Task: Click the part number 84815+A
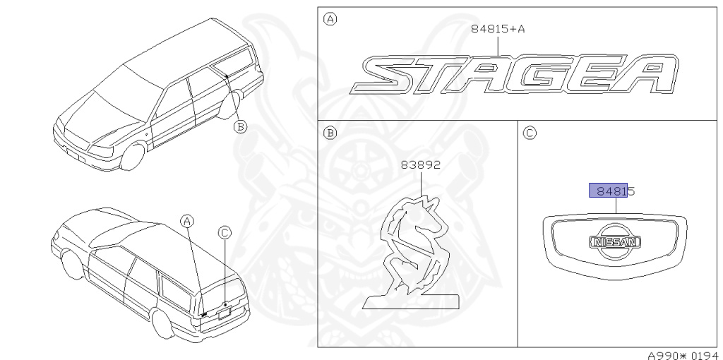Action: tap(498, 29)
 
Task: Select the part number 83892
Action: tap(421, 164)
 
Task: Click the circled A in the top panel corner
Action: tap(330, 19)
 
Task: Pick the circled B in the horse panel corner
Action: tap(330, 133)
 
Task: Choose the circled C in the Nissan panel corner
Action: tap(530, 133)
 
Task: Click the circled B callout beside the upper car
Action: tap(240, 126)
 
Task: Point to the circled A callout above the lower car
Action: tap(186, 221)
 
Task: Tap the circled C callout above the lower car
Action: tap(225, 233)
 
